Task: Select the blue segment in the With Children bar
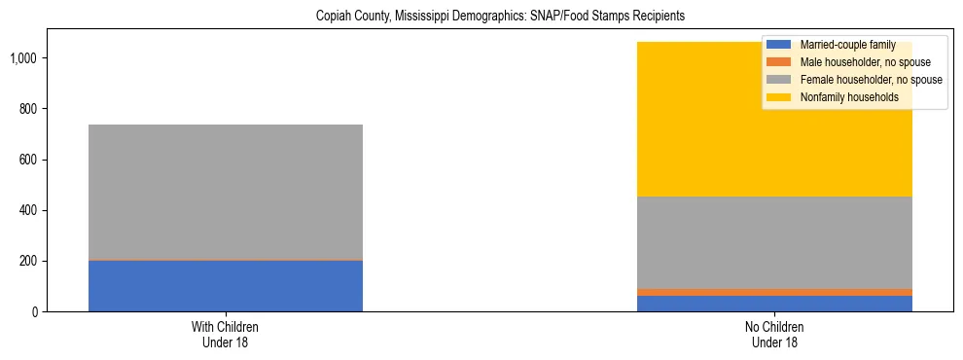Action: (x=226, y=285)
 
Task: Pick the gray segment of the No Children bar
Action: (x=775, y=242)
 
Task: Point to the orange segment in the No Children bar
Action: (x=775, y=292)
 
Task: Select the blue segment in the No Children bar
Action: (x=775, y=304)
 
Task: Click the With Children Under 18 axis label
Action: (x=226, y=335)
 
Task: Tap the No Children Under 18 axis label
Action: (x=775, y=335)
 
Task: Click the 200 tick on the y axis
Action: (x=29, y=261)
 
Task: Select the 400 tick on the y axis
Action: (x=29, y=210)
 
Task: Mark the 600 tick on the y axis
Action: (x=29, y=160)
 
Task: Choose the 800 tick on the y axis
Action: (x=29, y=109)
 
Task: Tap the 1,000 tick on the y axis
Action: (x=24, y=58)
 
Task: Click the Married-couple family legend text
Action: (x=845, y=45)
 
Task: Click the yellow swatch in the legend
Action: (x=779, y=97)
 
